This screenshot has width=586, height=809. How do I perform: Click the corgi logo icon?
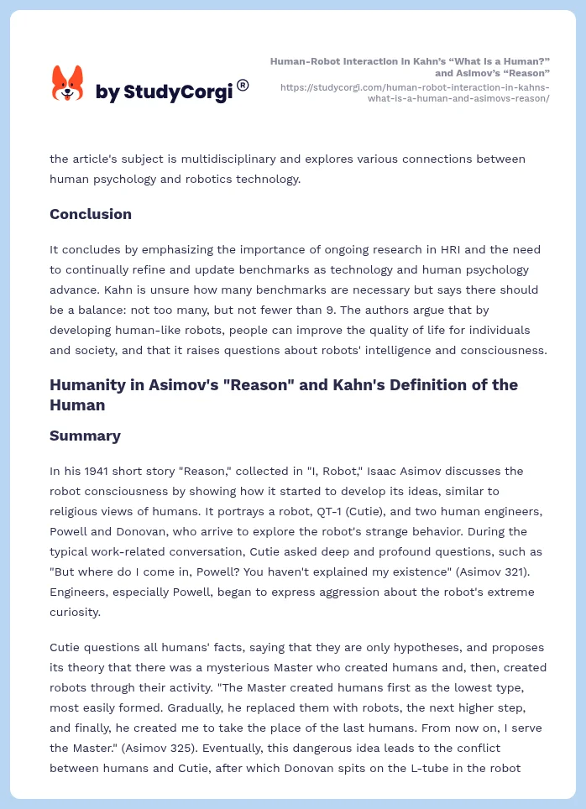tap(68, 84)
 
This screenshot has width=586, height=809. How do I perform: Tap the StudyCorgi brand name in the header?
tap(164, 91)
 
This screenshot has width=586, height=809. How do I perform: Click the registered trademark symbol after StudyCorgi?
tap(243, 85)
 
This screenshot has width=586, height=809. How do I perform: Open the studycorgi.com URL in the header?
tap(415, 92)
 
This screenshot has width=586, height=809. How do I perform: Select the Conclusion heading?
tap(91, 214)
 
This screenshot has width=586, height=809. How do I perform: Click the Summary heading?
tap(85, 436)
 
